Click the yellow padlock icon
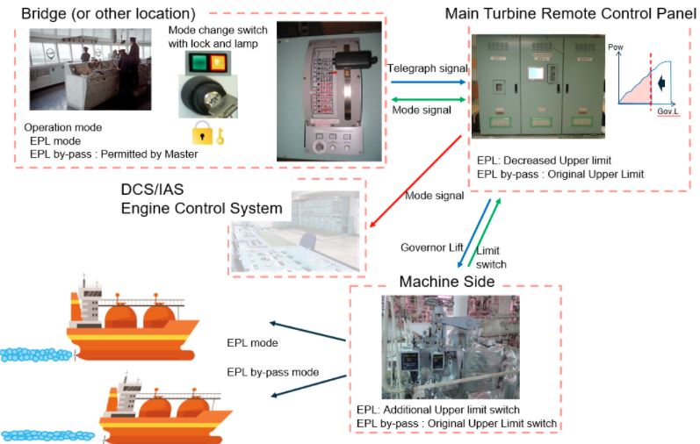pyautogui.click(x=202, y=133)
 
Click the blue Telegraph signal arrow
pyautogui.click(x=427, y=82)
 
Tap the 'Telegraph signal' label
pyautogui.click(x=427, y=68)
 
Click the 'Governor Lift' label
pyautogui.click(x=431, y=247)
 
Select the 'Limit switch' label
pyautogui.click(x=491, y=257)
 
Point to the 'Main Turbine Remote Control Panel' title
pyautogui.click(x=566, y=14)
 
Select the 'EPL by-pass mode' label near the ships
pyautogui.click(x=272, y=372)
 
